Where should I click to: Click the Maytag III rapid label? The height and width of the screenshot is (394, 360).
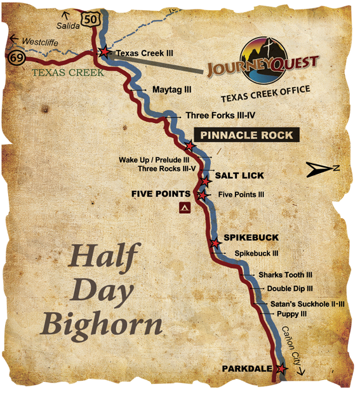click(171, 90)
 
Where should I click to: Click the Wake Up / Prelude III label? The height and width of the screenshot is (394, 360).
click(154, 160)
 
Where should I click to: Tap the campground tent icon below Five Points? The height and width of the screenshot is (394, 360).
click(185, 207)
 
